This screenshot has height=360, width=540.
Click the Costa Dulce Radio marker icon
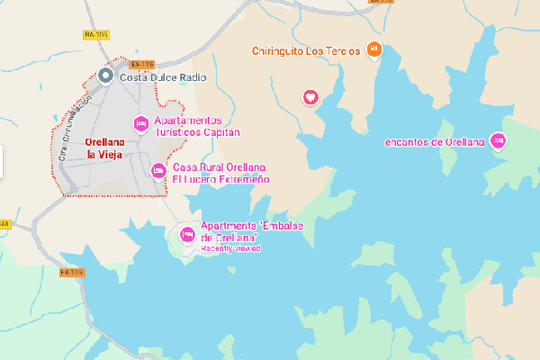(106, 76)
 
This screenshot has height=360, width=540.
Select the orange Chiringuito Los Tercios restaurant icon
(375, 49)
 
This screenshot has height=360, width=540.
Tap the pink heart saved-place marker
(310, 97)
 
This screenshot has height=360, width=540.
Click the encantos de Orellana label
(435, 141)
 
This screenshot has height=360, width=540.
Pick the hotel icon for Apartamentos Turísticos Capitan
(140, 123)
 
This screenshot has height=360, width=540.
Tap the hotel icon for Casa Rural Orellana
(158, 170)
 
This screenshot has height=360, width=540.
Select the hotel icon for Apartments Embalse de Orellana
(188, 235)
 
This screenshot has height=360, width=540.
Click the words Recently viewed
(230, 247)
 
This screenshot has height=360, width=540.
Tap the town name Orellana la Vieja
(103, 148)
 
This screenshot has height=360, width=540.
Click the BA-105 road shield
(95, 35)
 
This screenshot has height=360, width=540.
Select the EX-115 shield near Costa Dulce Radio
(141, 64)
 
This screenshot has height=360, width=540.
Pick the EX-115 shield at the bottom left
(71, 273)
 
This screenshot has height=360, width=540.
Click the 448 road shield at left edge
(4, 223)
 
